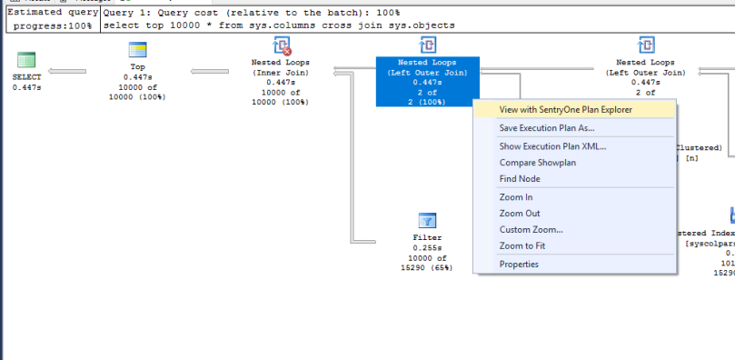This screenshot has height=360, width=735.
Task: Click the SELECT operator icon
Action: (x=26, y=60)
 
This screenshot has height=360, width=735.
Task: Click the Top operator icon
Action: (x=137, y=48)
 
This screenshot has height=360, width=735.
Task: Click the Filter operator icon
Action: (x=427, y=221)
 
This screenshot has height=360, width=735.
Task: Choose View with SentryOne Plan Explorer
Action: (x=565, y=109)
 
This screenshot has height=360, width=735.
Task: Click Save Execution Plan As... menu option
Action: (x=547, y=128)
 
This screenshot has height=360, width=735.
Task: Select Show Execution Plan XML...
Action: (x=552, y=146)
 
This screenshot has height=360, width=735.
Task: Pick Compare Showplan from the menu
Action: (x=537, y=163)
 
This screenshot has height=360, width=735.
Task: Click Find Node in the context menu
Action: (x=520, y=179)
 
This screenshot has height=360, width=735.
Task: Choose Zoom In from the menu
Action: (x=516, y=197)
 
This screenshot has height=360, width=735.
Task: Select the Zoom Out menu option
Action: (x=519, y=214)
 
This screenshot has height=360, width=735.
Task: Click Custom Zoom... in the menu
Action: (x=531, y=230)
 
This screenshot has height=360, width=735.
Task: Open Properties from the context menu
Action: (x=519, y=265)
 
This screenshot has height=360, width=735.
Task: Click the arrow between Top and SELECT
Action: (x=67, y=71)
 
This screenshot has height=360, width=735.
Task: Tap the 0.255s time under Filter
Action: (x=427, y=248)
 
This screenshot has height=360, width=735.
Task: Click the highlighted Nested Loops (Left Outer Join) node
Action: (x=427, y=80)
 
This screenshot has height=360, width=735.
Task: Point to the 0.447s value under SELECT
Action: (x=27, y=87)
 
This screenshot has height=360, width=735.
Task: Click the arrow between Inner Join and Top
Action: (x=209, y=71)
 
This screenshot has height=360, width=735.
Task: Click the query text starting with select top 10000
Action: (x=279, y=25)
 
